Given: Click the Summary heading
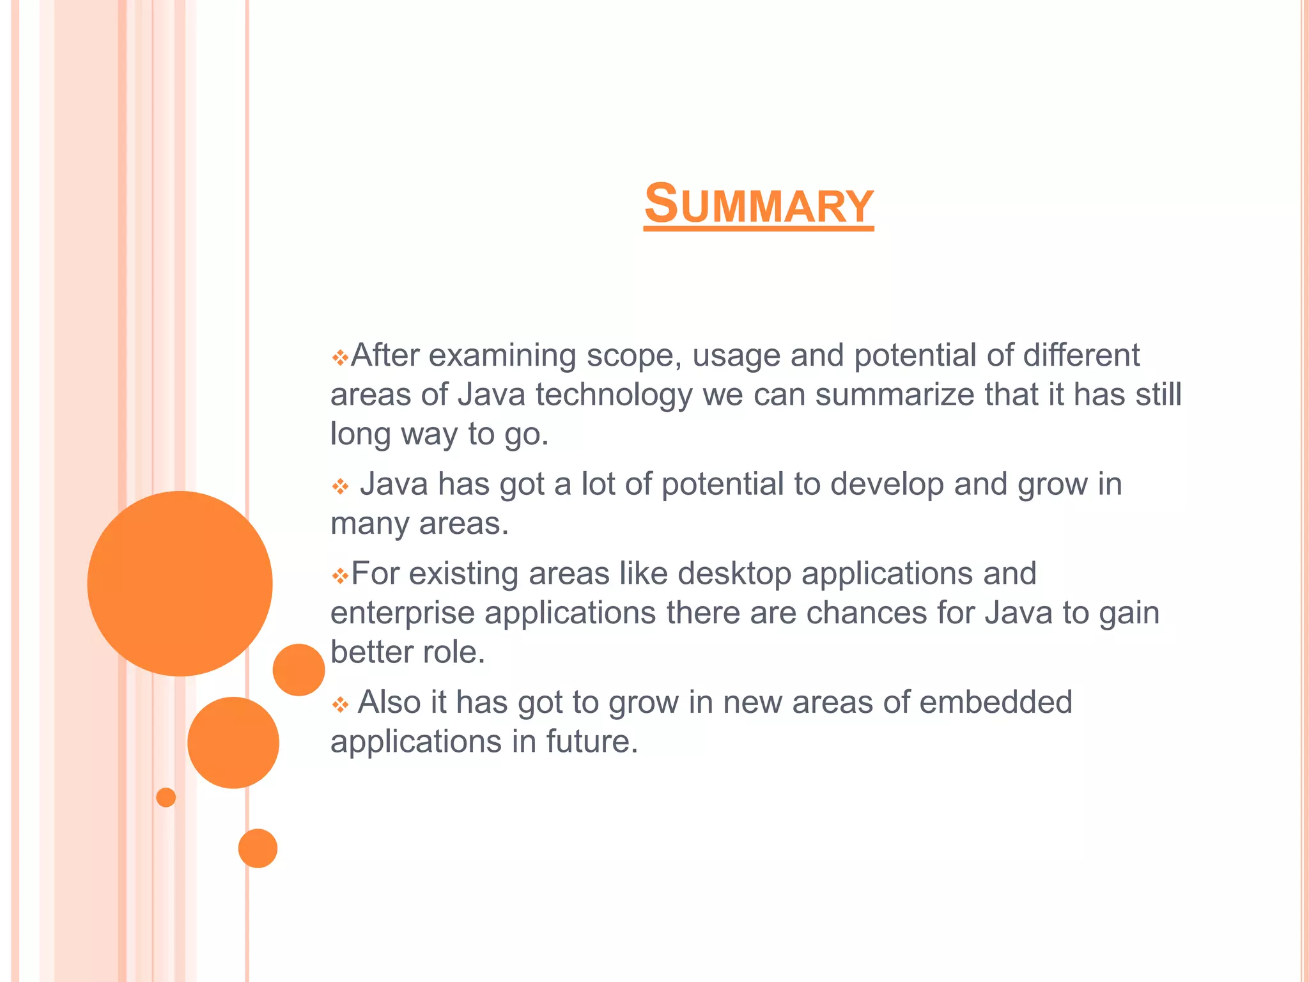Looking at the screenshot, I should coord(759,204).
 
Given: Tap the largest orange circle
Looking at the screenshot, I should coord(180,583).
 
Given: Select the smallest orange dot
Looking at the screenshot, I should coord(166,797).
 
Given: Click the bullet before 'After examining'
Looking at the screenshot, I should coord(340,357).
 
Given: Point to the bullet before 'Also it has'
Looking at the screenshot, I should coord(340,705).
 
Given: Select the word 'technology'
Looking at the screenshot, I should coord(614,395).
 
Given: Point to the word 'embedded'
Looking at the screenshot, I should coord(995,702).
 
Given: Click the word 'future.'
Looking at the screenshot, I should coord(592,742).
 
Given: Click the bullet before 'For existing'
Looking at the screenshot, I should coord(340,576).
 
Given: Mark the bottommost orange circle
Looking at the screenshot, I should coord(258,848).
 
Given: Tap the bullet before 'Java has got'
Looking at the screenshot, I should coord(340,487).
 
